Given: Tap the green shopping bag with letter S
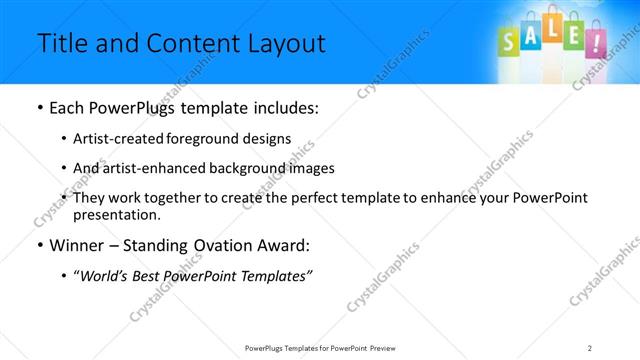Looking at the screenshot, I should (x=509, y=40).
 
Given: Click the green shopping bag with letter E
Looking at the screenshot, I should (x=573, y=37).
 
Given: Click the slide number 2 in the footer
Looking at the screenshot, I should (x=590, y=347).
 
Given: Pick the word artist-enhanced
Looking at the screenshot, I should (x=154, y=168).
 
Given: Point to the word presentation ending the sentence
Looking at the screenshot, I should (x=116, y=214).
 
